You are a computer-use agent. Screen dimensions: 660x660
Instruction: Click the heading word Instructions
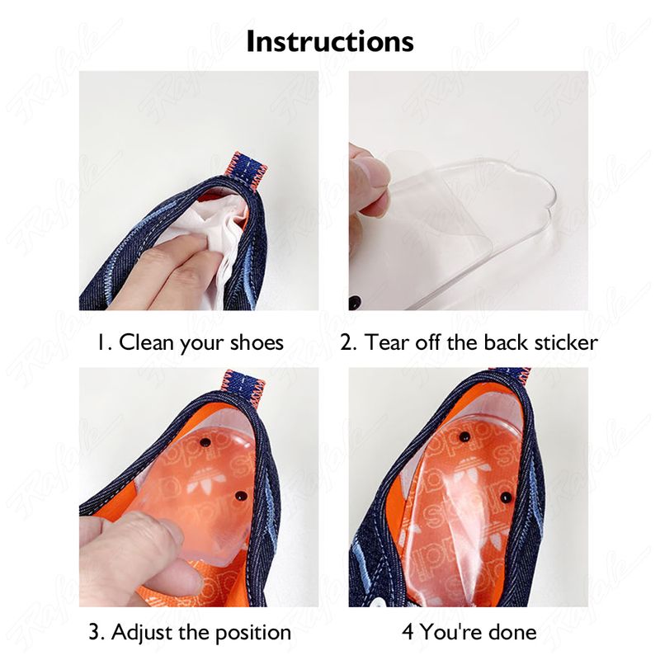click(x=330, y=42)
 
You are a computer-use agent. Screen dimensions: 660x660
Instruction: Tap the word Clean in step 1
click(x=147, y=342)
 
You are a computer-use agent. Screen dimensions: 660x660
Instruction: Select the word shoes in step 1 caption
click(x=257, y=342)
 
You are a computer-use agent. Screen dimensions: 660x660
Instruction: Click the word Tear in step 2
click(x=387, y=342)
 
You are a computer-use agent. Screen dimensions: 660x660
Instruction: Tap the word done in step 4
click(x=512, y=632)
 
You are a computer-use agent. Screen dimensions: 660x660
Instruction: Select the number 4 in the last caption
click(x=408, y=632)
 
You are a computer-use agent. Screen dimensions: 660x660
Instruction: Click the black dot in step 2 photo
click(x=354, y=300)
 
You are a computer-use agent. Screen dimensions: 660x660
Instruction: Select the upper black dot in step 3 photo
click(x=205, y=442)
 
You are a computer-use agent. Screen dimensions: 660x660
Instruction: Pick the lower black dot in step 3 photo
click(x=241, y=497)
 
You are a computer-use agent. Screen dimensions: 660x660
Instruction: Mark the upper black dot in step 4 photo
click(x=464, y=436)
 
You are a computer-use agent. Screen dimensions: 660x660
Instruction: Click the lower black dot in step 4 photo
click(x=507, y=497)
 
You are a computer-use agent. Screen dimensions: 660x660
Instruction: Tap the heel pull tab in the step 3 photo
click(x=244, y=386)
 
